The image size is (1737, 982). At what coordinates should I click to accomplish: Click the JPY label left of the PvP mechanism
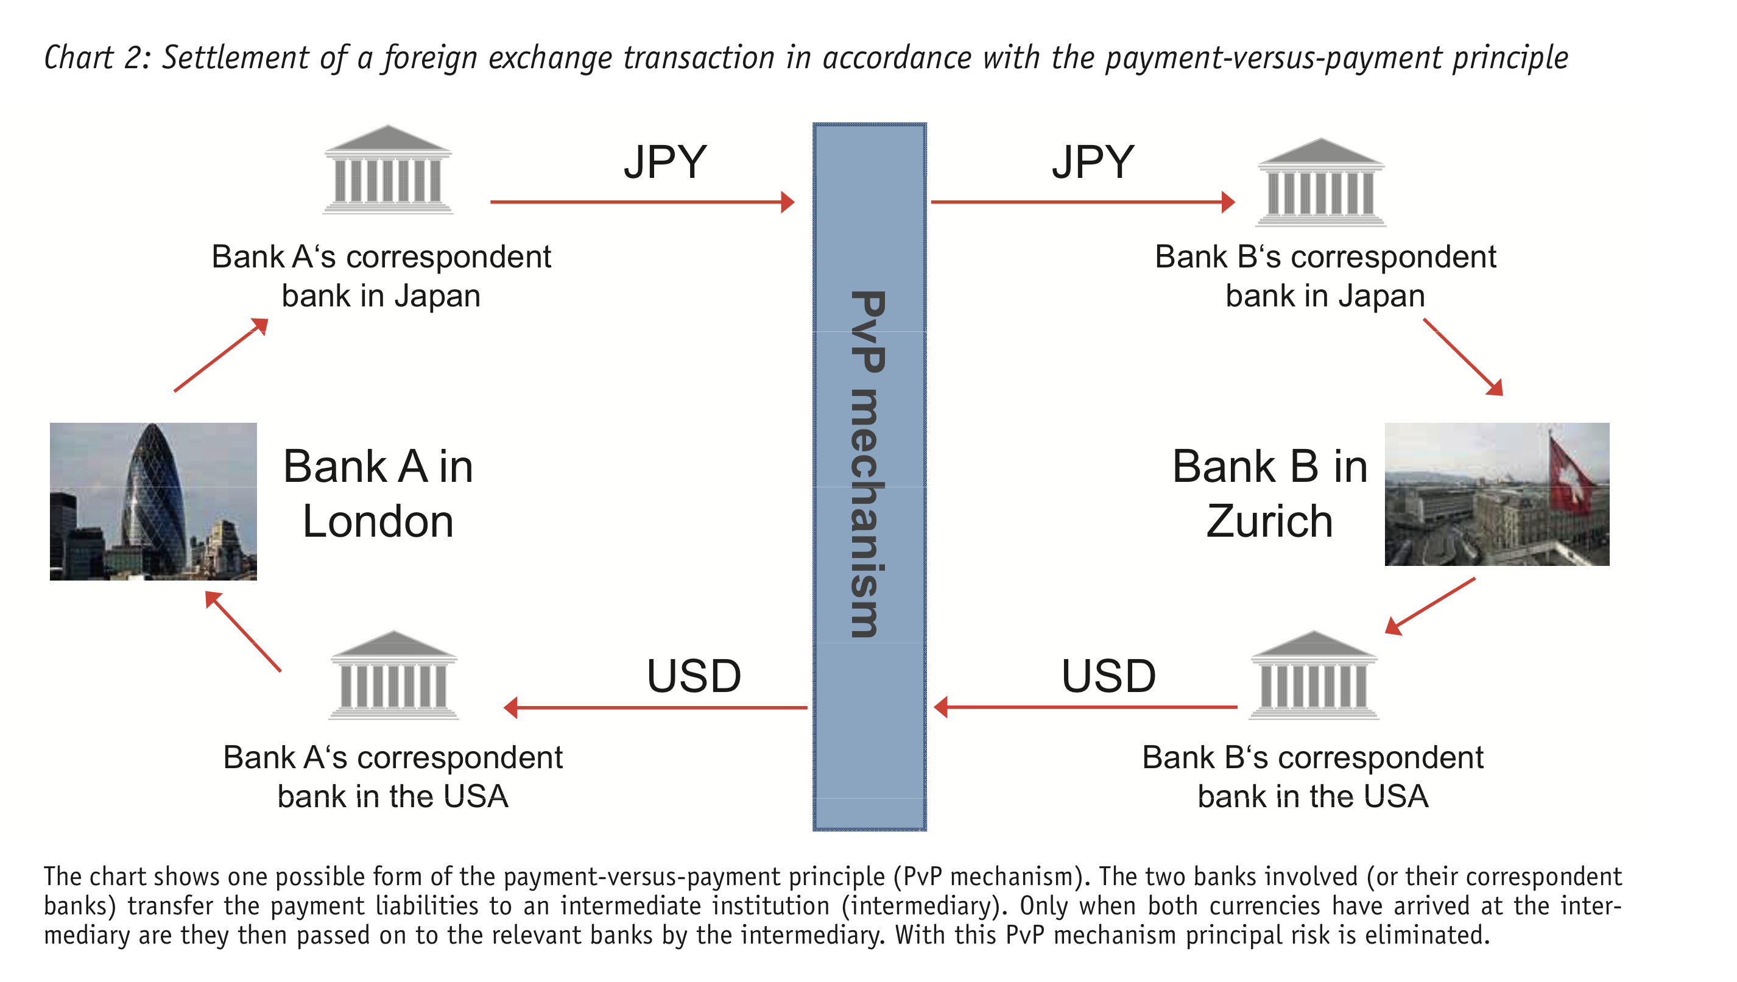coord(665,163)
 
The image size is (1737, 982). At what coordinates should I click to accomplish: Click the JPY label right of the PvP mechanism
coord(1093,163)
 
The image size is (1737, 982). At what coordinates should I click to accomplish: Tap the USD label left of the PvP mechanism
coord(693,676)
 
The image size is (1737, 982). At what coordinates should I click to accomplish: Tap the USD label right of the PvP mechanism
coord(1108,676)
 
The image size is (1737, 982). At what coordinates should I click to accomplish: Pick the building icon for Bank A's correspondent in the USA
coord(394,676)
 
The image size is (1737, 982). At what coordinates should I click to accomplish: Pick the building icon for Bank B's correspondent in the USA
coord(1314,676)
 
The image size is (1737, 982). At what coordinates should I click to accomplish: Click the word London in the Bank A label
coord(378,522)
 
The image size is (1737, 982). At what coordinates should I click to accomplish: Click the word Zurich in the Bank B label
coord(1269,522)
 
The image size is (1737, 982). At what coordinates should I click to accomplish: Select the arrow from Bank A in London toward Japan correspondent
coord(221,355)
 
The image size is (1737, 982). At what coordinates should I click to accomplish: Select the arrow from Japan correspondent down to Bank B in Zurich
coord(1463,358)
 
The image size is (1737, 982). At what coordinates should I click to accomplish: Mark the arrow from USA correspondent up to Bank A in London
coord(243,631)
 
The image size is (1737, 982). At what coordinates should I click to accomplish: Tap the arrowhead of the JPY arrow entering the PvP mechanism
coord(787,202)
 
